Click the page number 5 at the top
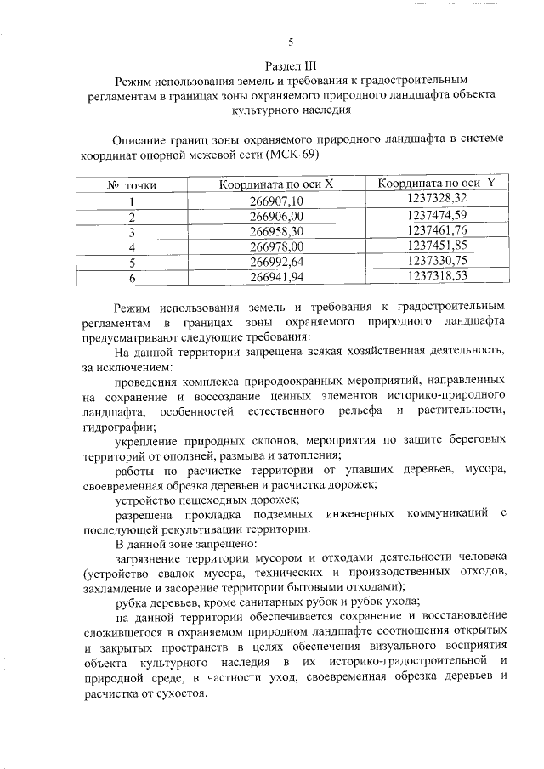coord(291,42)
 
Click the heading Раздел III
coord(291,66)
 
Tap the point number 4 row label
coord(132,246)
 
